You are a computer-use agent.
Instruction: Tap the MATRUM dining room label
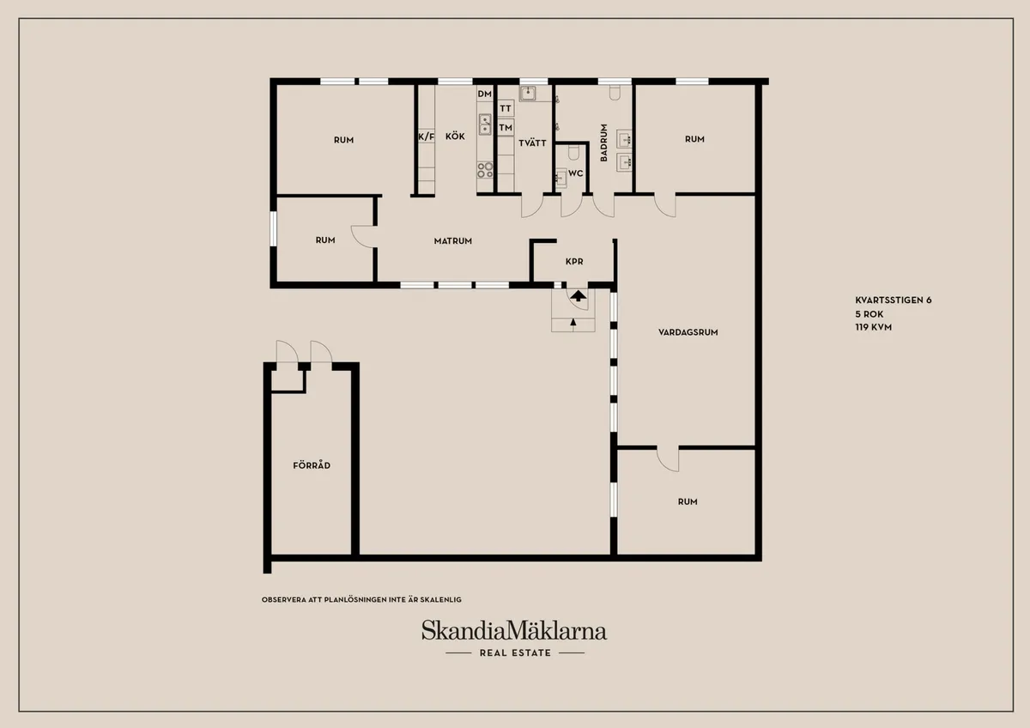pos(452,241)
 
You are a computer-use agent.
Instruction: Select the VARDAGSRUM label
pos(688,331)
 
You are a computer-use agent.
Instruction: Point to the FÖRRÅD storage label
pos(312,465)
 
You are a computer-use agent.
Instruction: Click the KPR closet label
pos(574,262)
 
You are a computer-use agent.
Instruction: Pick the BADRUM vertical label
pos(604,143)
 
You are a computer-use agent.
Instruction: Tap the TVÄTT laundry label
pos(533,143)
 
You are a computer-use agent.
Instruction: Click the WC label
pos(576,173)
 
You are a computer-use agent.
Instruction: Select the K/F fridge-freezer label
pos(426,136)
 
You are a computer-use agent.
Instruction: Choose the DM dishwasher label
pos(485,94)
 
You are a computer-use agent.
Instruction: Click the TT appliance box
pos(506,109)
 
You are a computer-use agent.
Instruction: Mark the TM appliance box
pos(506,128)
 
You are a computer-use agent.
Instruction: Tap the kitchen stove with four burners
pos(485,170)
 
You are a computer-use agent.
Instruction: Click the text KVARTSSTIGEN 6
pos(893,300)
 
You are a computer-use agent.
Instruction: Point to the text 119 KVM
pos(874,327)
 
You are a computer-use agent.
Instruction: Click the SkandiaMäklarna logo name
pos(513,631)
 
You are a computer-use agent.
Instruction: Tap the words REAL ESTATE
pos(515,653)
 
